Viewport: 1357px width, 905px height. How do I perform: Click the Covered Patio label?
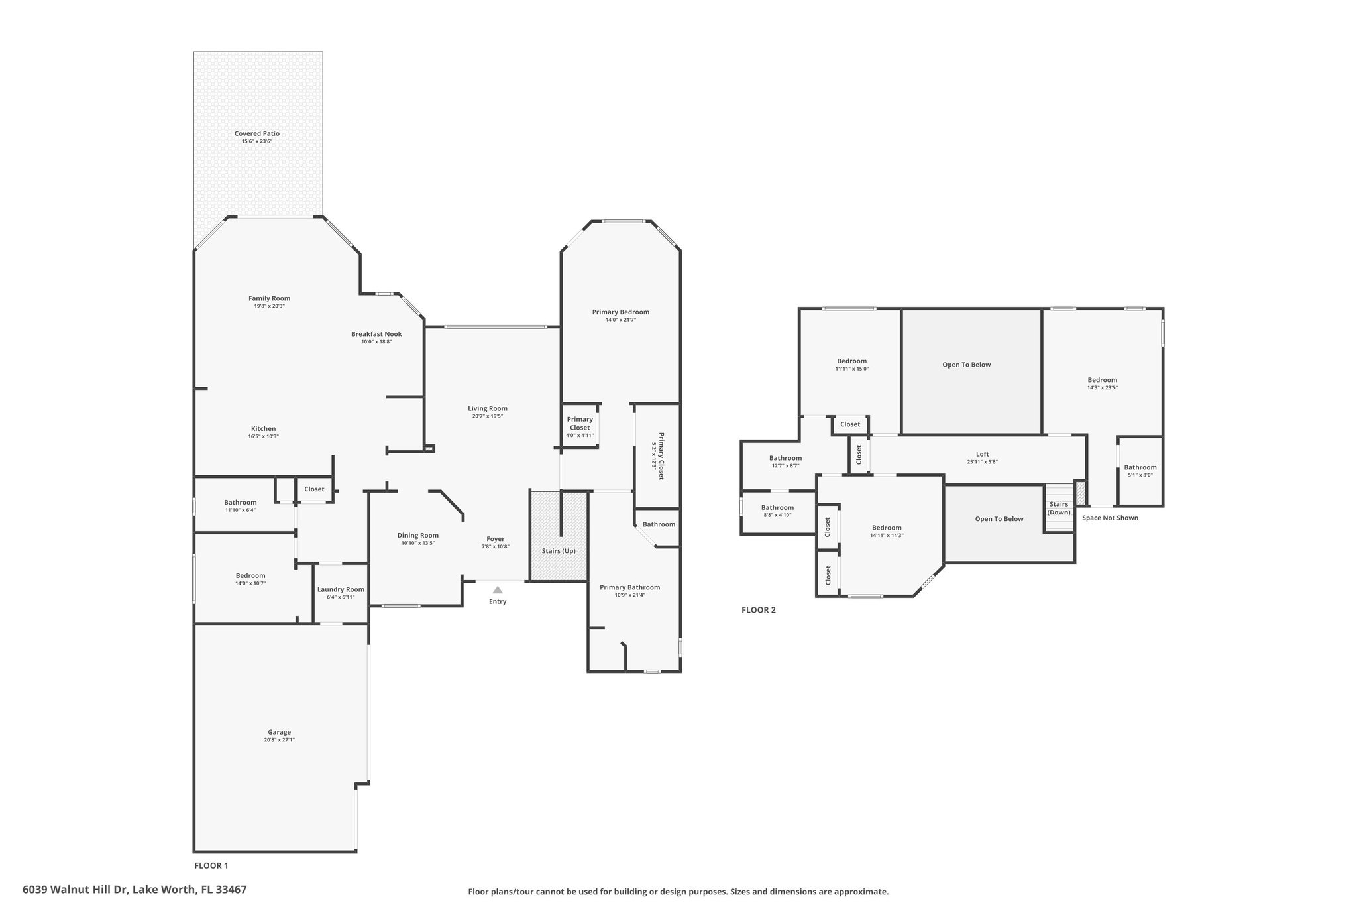point(257,133)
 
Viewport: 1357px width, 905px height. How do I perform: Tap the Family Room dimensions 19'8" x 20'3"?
point(270,306)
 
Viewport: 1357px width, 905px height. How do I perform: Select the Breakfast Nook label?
point(376,334)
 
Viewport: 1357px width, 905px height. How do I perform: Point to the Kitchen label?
point(263,428)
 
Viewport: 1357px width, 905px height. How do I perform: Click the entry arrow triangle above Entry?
point(498,589)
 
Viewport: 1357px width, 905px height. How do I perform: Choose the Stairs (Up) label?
point(559,551)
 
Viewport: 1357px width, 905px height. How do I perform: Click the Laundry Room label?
point(341,589)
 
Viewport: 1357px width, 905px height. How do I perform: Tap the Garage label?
point(280,732)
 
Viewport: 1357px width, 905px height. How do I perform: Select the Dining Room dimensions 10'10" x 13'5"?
point(418,543)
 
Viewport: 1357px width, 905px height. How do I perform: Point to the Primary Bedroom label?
point(621,312)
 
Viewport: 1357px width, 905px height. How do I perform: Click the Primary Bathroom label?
point(629,587)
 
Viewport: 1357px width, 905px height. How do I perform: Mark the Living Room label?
point(488,408)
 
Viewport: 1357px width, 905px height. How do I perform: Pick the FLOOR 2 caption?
point(759,610)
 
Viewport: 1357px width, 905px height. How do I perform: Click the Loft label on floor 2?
point(983,454)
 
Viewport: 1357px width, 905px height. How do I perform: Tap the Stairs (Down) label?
point(1059,508)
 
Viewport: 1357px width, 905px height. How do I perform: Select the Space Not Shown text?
point(1110,518)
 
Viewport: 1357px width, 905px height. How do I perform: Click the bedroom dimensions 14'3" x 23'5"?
point(1103,388)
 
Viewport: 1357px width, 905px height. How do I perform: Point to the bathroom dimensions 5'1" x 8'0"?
point(1140,475)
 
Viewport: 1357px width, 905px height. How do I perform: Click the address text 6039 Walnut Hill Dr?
point(76,890)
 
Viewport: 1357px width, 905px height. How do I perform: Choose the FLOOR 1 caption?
point(211,865)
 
